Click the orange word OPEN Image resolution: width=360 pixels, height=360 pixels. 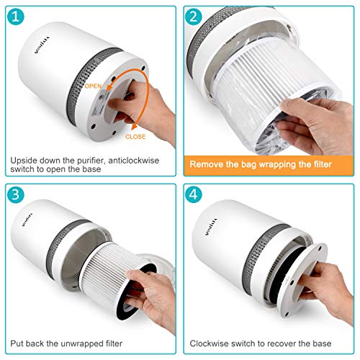point(93,86)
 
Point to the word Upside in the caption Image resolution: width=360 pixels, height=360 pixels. point(27,161)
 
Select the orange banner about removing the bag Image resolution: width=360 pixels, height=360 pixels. point(269,165)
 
